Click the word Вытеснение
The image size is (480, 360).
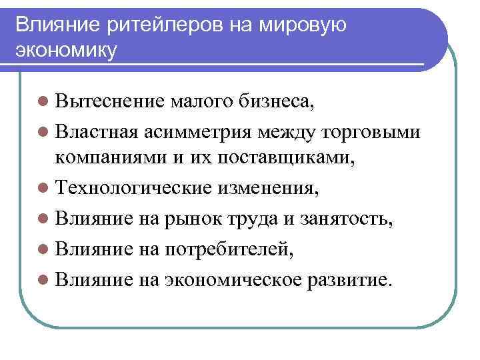[x=110, y=102]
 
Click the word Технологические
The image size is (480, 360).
[x=135, y=188]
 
